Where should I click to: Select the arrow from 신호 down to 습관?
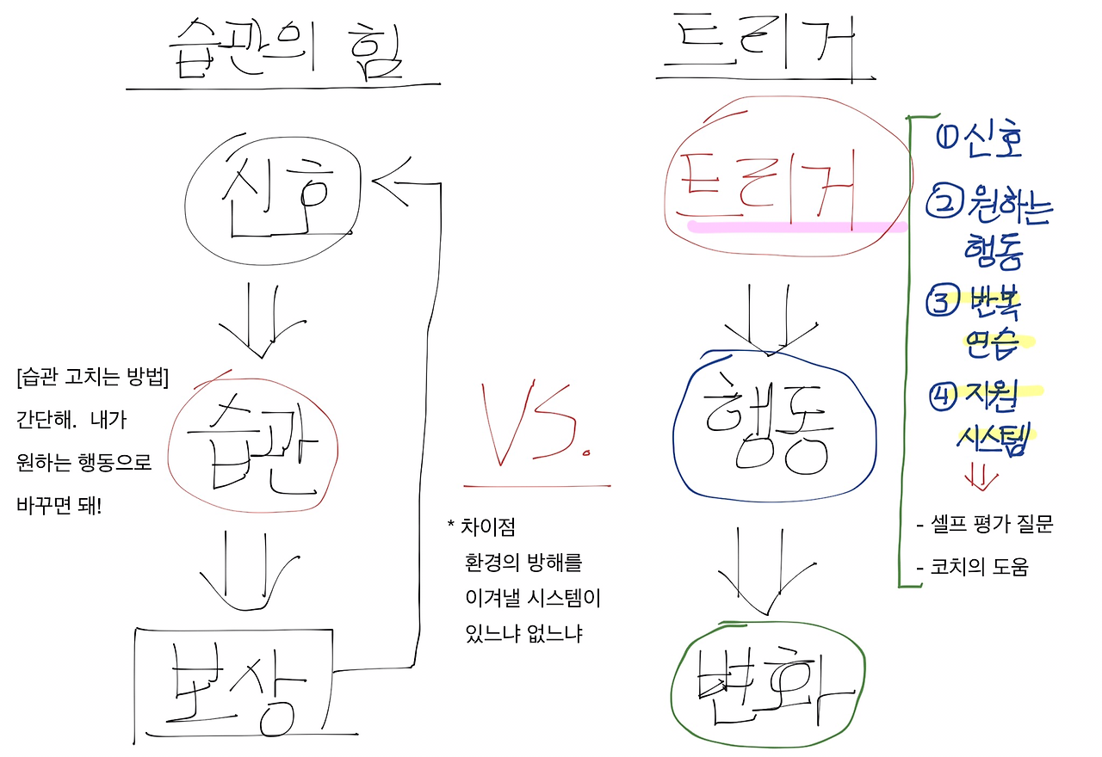262,318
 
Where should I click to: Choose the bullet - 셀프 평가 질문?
985,525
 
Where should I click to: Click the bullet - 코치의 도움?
973,568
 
